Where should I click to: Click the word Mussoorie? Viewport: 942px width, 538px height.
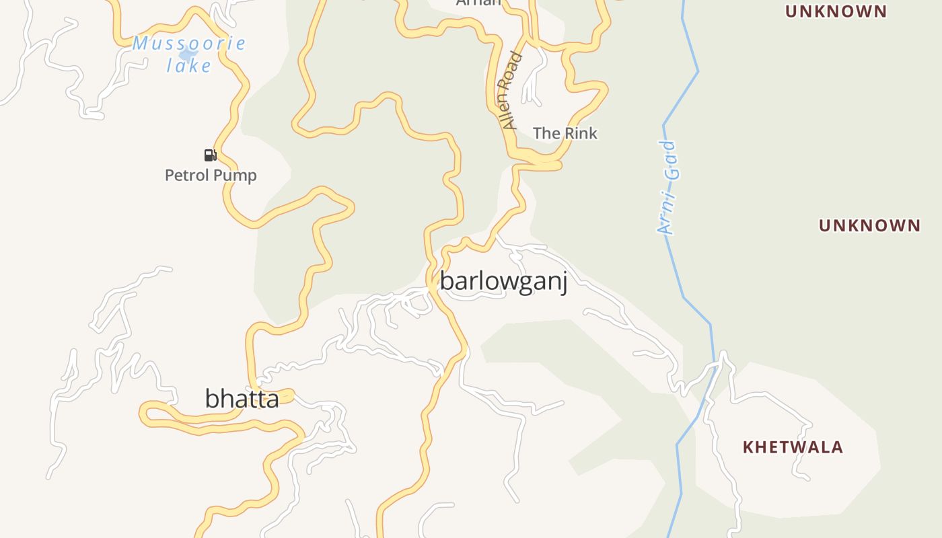[189, 44]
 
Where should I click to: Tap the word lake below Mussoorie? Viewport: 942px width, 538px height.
[189, 66]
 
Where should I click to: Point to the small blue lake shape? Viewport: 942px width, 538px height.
[188, 54]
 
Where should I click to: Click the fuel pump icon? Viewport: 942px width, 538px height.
[210, 155]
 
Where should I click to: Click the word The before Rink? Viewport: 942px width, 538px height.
[546, 133]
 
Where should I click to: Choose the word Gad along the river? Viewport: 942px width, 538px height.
[671, 161]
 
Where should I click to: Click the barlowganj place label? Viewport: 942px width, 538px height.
[503, 281]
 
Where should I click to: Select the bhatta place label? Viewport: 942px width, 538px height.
[242, 399]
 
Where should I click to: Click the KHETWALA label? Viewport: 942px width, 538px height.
[793, 447]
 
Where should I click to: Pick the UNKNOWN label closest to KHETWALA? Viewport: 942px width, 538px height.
[869, 225]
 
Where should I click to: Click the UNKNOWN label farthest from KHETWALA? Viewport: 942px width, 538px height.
[836, 11]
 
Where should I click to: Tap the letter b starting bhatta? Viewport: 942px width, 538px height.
[211, 399]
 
